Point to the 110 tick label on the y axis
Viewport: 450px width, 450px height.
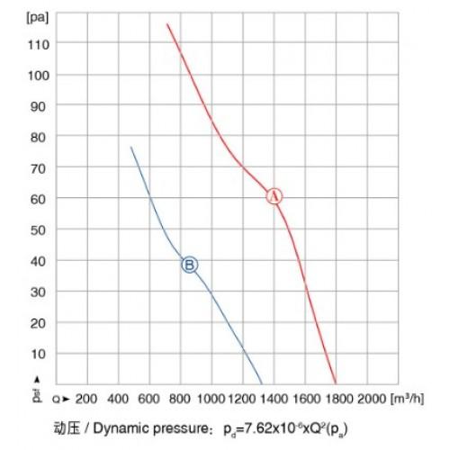tap(39, 45)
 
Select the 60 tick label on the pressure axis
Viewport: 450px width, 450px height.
tap(38, 199)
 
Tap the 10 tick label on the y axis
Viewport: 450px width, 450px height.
tap(39, 354)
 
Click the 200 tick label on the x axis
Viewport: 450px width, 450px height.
tap(86, 399)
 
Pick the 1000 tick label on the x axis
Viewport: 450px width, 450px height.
tap(211, 399)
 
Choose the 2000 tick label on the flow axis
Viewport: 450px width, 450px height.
tap(372, 399)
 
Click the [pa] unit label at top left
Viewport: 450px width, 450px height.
tap(37, 18)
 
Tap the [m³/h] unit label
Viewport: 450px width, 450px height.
tap(407, 399)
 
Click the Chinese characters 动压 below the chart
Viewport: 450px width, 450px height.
tap(67, 428)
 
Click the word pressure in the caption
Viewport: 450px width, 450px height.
tap(179, 429)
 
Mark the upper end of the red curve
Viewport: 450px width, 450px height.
tap(167, 23)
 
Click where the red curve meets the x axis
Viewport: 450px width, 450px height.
tap(336, 383)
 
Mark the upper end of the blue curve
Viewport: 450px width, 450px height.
tap(130, 147)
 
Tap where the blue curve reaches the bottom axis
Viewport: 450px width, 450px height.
tap(262, 384)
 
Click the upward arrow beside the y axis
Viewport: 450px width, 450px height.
tap(37, 380)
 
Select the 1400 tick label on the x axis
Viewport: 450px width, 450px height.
tap(274, 399)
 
